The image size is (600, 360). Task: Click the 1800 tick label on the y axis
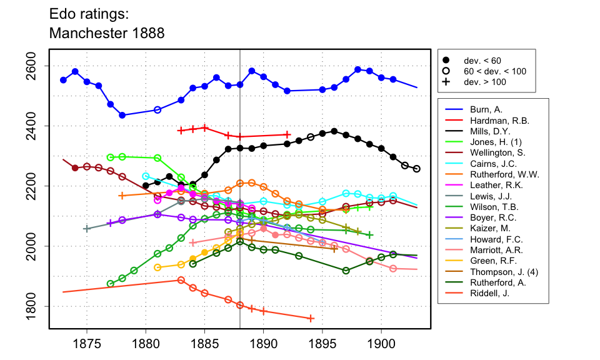pyautogui.click(x=36, y=306)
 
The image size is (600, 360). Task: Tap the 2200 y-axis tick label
pyautogui.click(x=36, y=186)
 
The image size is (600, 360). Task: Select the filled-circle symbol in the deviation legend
pyautogui.click(x=446, y=60)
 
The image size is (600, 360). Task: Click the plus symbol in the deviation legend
pyautogui.click(x=446, y=81)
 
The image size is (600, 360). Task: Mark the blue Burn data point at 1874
pyautogui.click(x=75, y=72)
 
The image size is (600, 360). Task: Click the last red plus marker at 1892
pyautogui.click(x=287, y=134)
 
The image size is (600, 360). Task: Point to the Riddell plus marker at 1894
pyautogui.click(x=311, y=319)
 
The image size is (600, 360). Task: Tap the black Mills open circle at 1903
pyautogui.click(x=417, y=169)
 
